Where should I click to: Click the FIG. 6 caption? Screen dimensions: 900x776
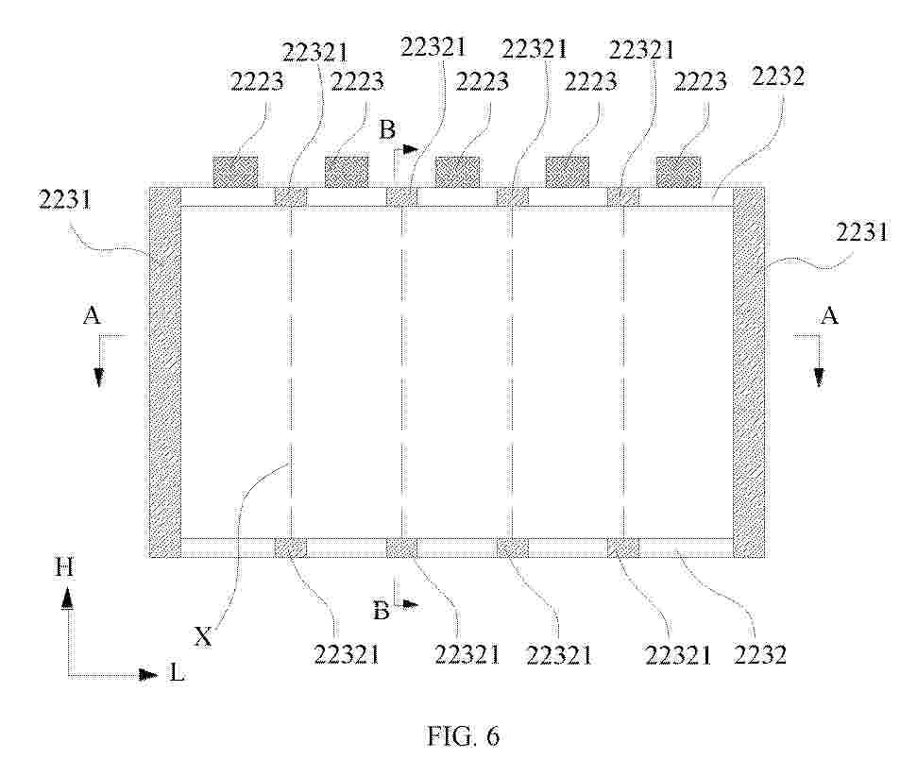[x=463, y=735]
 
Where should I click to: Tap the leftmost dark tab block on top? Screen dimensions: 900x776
[x=235, y=171]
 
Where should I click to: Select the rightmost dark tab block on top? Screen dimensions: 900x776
[x=678, y=171]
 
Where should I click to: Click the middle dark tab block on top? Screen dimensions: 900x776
[x=457, y=171]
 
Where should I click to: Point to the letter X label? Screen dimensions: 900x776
[x=203, y=636]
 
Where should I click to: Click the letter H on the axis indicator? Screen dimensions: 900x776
[x=64, y=567]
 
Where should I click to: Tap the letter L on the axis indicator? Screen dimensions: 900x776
[x=177, y=673]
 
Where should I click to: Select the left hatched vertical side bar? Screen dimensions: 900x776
[x=164, y=372]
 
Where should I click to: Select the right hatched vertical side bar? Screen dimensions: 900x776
[x=749, y=372]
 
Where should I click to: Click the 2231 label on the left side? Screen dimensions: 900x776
[x=65, y=200]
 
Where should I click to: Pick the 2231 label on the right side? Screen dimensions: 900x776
[x=861, y=232]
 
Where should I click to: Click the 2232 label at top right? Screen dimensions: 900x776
[x=778, y=76]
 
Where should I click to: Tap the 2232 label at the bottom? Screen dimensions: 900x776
[x=760, y=654]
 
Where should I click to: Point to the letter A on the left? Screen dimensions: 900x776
[x=92, y=315]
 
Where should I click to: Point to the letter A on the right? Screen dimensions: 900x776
[x=829, y=315]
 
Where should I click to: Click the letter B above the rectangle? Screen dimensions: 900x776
[x=387, y=129]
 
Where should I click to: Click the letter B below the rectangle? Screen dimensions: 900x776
[x=382, y=611]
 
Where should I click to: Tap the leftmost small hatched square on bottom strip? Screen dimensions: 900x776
[x=291, y=548]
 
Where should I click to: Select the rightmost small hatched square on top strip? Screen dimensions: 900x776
[x=623, y=197]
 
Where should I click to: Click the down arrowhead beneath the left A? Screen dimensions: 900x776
[x=99, y=377]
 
